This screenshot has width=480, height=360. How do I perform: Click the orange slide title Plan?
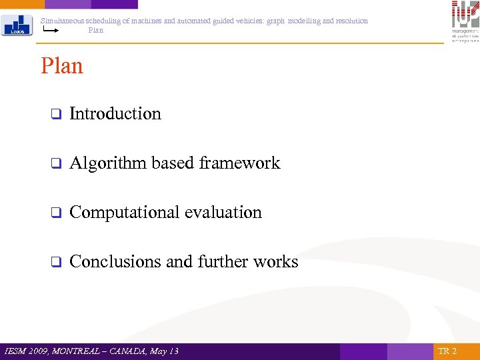pos(62,66)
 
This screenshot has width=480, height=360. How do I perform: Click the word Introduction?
pos(115,114)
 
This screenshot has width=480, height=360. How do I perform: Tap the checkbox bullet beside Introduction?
pos(56,115)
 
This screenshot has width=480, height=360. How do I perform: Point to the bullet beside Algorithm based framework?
pos(56,164)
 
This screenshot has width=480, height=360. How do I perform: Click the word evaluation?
pos(223,213)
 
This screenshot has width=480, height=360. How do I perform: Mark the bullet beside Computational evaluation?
pos(56,213)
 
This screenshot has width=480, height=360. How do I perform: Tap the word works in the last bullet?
pos(276,262)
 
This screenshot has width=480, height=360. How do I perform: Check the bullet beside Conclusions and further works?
pos(56,263)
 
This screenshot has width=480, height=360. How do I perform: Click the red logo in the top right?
pos(465,21)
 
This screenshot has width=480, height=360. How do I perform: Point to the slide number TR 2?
pos(447,351)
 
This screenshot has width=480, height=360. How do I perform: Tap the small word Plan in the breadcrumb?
pos(96,30)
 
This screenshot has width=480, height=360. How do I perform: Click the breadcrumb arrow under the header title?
pos(51,30)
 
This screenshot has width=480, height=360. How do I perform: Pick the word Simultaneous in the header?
pos(62,21)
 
